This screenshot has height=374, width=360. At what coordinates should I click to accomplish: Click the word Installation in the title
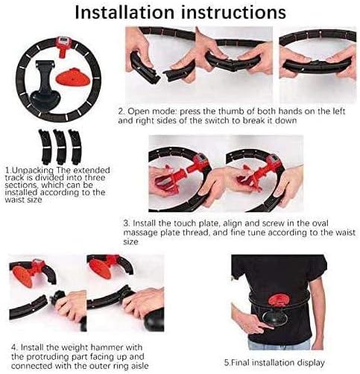(124, 12)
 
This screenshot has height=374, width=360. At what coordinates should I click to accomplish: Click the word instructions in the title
(233, 12)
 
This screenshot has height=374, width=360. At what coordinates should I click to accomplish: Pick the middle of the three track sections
(60, 147)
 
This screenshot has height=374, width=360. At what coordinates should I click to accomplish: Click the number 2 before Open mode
(121, 111)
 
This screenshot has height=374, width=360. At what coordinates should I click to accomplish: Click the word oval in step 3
(319, 223)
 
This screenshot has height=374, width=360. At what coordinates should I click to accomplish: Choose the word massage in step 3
(141, 233)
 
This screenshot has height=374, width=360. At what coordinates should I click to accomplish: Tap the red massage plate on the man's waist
(279, 299)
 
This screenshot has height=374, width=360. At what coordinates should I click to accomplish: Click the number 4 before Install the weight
(13, 347)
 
